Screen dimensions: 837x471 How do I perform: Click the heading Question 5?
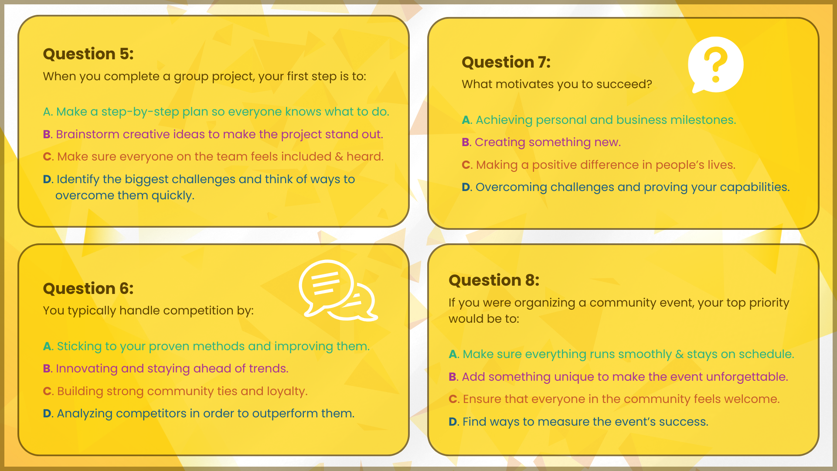[x=88, y=54]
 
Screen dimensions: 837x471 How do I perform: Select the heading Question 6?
[x=88, y=289]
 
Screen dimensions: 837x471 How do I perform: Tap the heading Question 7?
[x=506, y=62]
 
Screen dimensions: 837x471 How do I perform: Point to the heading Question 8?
[x=494, y=280]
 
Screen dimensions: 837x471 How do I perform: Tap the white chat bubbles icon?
[x=338, y=290]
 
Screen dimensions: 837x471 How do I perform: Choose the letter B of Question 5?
[x=47, y=134]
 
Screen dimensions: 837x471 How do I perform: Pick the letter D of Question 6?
[x=47, y=413]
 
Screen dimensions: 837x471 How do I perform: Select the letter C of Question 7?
[x=466, y=165]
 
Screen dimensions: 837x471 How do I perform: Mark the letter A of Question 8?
[x=453, y=354]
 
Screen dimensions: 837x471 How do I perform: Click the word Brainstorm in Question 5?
[x=88, y=134]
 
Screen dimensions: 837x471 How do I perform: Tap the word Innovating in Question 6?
[x=87, y=369]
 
